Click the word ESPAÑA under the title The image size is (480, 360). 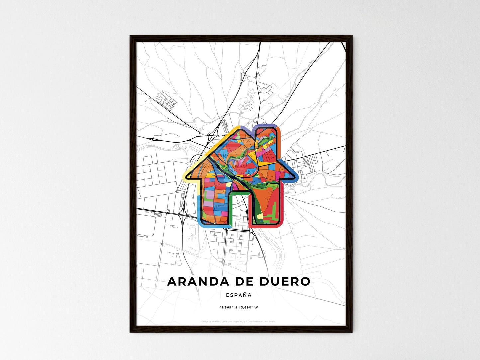point(239,295)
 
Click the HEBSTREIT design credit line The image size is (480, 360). point(239,321)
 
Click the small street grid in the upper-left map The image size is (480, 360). point(165,99)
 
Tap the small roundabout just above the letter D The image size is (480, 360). point(223,262)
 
